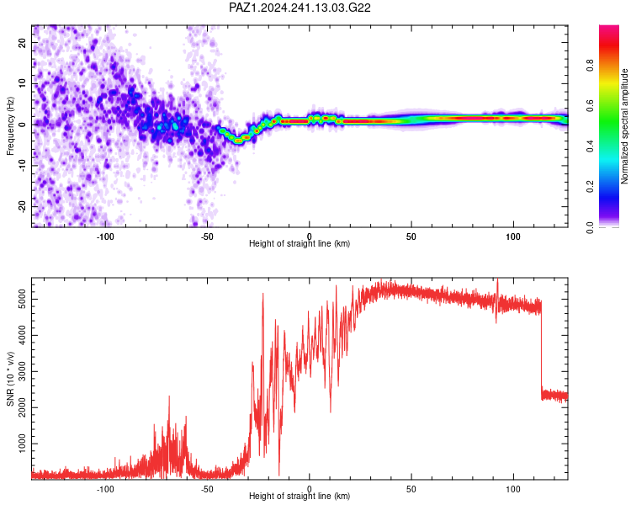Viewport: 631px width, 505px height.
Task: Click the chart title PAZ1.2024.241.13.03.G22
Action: pos(300,8)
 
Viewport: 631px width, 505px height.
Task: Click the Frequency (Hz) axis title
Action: pos(10,125)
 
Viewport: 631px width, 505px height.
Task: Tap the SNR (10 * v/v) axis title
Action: pos(10,379)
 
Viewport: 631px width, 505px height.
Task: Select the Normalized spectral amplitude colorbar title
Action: pos(624,125)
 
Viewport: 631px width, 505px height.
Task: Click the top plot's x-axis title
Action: pos(300,243)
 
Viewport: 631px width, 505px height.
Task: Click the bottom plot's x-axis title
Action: pos(300,496)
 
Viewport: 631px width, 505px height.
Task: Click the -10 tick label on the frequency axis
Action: pos(22,165)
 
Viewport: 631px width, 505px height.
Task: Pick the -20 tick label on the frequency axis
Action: pos(22,206)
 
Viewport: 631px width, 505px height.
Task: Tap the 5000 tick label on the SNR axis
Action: pos(22,300)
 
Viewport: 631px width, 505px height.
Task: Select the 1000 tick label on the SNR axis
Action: pos(22,444)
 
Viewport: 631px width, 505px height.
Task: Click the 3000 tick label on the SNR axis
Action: pos(22,371)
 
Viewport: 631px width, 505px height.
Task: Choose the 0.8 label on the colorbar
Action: pos(590,66)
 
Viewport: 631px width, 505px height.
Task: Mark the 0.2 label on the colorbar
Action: pos(590,187)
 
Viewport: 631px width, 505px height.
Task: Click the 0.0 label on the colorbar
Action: pos(590,227)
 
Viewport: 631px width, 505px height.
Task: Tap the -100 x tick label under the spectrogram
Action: pos(105,237)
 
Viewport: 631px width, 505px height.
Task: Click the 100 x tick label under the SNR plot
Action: pos(513,489)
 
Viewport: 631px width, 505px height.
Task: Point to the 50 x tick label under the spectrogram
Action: pos(411,237)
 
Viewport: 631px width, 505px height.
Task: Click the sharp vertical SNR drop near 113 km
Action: pos(541,349)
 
